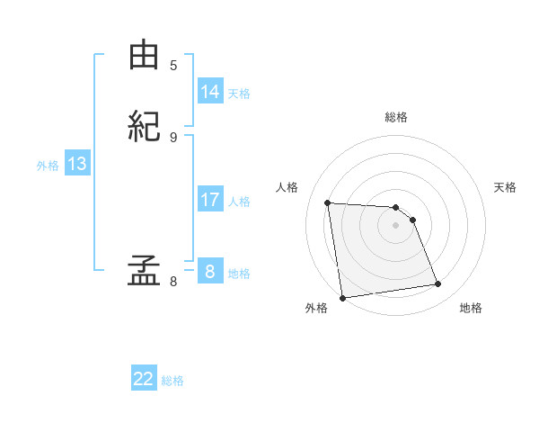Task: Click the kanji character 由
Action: [x=144, y=55]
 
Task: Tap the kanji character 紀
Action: [x=144, y=126]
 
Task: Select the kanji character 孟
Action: [x=144, y=270]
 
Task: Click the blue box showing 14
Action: [x=210, y=92]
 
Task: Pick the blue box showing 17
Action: [x=210, y=200]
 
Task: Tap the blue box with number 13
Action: [x=76, y=164]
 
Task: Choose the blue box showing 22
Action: [x=144, y=379]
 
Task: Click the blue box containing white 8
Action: [x=210, y=272]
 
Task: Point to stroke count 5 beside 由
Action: [x=173, y=65]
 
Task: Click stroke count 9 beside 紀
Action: [x=173, y=137]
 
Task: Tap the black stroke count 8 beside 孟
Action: [x=173, y=282]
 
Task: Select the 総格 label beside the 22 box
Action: [x=172, y=381]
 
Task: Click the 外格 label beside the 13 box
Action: [x=48, y=166]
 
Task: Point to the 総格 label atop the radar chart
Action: [x=396, y=117]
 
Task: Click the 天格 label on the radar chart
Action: [x=505, y=187]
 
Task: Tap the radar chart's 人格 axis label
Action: [x=287, y=187]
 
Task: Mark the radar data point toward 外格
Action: [x=342, y=298]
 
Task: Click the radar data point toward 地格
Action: [x=438, y=284]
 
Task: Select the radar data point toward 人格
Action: [x=328, y=202]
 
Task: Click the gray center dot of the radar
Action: [x=396, y=225]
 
